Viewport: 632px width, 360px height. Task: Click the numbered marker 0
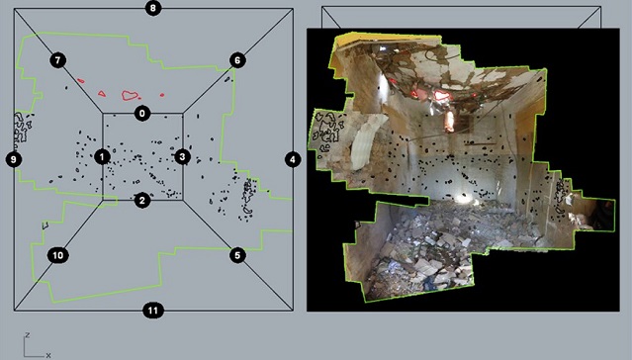click(141, 114)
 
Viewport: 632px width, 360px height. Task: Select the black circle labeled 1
click(102, 157)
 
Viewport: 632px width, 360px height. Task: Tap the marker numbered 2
click(141, 201)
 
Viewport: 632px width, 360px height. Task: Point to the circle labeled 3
click(183, 156)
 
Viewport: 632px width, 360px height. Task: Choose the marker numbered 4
click(293, 159)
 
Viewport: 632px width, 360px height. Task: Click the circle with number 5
click(237, 255)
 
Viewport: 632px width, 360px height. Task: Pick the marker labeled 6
click(237, 60)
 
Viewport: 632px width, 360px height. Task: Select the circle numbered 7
click(57, 60)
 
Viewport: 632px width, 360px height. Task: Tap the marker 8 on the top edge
click(153, 8)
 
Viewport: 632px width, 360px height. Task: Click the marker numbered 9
click(14, 159)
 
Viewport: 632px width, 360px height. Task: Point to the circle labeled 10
click(57, 255)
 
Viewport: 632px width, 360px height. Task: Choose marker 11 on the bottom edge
click(153, 311)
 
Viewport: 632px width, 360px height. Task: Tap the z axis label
click(27, 335)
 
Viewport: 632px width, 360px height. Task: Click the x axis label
click(48, 355)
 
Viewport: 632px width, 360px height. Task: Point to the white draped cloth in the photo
click(365, 143)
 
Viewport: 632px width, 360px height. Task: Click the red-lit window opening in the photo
click(449, 122)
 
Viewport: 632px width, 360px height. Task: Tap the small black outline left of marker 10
click(45, 225)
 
